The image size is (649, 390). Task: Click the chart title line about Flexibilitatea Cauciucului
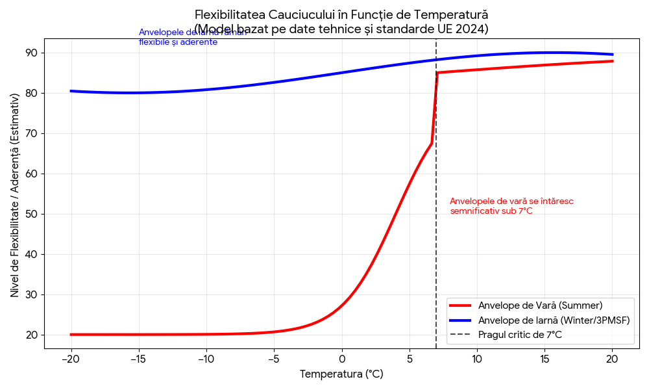coord(341,14)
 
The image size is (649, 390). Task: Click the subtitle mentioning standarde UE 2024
coord(341,29)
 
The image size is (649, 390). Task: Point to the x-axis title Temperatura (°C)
coord(341,374)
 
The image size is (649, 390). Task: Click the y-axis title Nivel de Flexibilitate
coord(14,195)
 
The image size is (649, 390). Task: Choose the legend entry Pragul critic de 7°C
coord(520,335)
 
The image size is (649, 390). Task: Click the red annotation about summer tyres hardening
coord(511,206)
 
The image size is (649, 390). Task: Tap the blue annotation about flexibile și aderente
coord(192,37)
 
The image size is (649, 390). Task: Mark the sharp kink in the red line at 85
coord(437,72)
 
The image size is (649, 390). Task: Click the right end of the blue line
coord(612,55)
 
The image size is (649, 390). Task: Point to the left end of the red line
coord(71,335)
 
